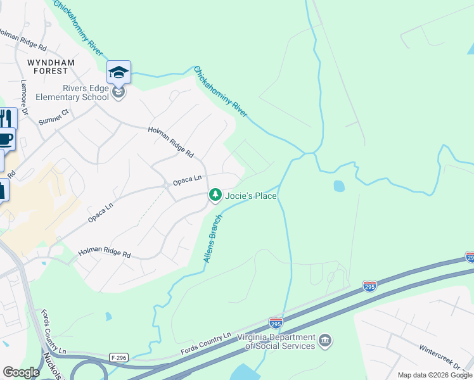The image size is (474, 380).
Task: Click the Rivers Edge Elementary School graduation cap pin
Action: tap(118, 73)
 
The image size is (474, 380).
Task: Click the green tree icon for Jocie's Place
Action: tap(215, 196)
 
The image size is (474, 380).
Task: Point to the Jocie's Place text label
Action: tap(252, 196)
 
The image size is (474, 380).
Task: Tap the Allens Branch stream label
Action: tap(212, 239)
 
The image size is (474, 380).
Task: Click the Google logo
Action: tap(21, 372)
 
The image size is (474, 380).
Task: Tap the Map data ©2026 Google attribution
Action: tap(435, 375)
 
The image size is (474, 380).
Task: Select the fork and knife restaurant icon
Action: tap(6, 118)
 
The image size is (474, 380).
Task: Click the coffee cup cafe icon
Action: tap(6, 139)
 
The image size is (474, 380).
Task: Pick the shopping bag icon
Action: tap(3, 189)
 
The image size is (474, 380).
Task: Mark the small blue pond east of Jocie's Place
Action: tap(339, 186)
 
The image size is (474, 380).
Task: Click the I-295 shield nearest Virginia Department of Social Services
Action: tap(276, 322)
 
